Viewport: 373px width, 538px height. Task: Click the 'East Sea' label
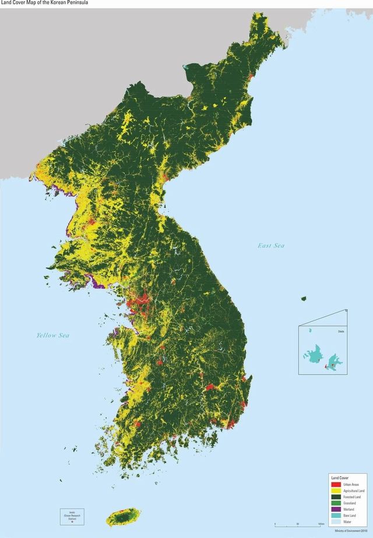271,245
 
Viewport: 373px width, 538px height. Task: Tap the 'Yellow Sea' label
52,335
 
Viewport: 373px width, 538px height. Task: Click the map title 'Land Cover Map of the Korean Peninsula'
38,3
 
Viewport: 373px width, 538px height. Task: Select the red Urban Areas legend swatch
335,485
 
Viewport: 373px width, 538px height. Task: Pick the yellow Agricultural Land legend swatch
335,491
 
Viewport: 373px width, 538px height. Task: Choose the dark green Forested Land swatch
335,497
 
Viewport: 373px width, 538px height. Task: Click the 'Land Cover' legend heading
339,478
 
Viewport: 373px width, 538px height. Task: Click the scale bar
297,525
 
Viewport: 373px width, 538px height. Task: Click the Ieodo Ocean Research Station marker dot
72,522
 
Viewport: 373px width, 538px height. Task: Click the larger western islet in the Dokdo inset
315,353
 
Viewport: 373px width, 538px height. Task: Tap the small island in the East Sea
304,299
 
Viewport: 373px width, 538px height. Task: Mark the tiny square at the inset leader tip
347,310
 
